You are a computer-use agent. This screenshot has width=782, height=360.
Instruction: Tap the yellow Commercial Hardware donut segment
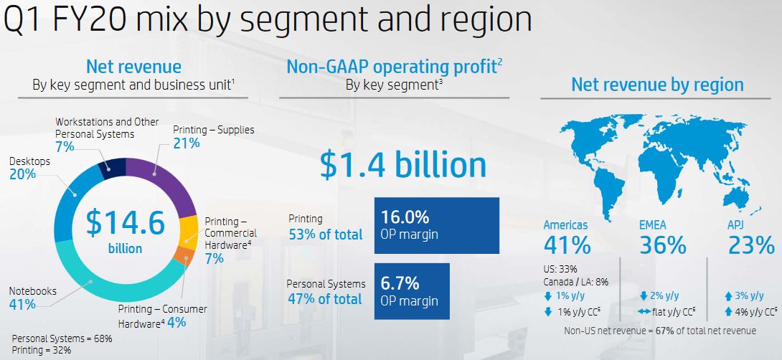(x=187, y=233)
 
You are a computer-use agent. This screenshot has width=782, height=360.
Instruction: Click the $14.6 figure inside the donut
(x=125, y=222)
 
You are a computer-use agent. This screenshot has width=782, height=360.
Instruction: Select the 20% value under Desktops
(x=22, y=174)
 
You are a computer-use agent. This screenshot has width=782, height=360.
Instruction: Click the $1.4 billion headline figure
(x=403, y=165)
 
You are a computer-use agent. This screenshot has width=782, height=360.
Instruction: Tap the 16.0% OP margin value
(x=405, y=217)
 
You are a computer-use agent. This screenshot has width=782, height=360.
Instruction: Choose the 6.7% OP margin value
(x=400, y=284)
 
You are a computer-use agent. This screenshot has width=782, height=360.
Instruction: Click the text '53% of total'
(x=326, y=235)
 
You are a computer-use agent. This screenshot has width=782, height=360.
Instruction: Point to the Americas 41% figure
(x=567, y=245)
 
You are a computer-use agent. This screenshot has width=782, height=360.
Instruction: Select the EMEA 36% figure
(x=663, y=245)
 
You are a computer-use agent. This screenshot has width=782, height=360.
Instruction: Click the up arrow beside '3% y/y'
(x=728, y=296)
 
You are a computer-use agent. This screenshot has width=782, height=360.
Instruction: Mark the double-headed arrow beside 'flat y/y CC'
(x=644, y=313)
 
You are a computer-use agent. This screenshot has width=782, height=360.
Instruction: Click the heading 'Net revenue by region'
(x=657, y=85)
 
